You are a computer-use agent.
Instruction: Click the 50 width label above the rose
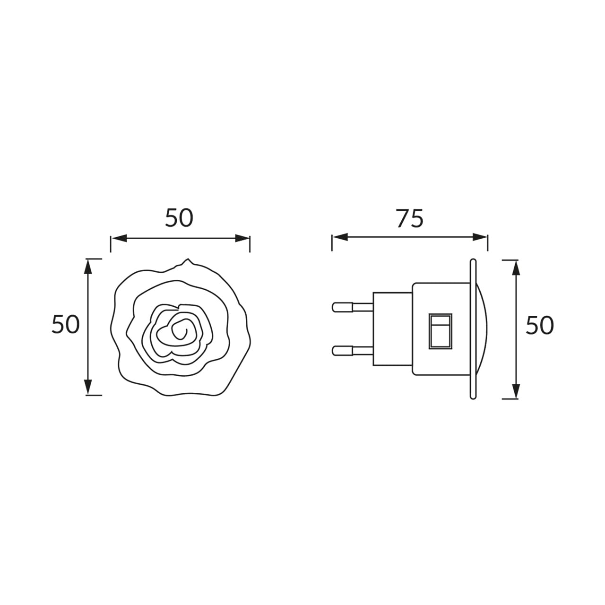(179, 218)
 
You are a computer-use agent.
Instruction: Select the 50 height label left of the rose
(66, 324)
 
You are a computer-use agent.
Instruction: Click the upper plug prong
(353, 307)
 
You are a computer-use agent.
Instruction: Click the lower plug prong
(353, 351)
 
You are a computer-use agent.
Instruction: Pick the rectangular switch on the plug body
(441, 331)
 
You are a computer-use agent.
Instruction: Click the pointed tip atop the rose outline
(188, 259)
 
